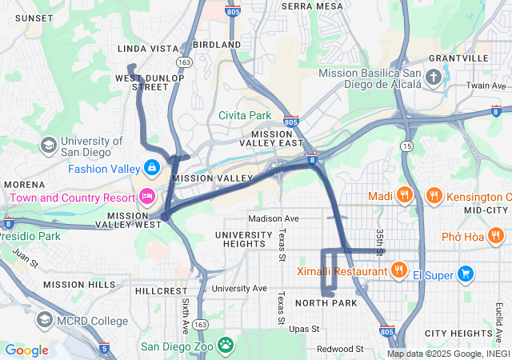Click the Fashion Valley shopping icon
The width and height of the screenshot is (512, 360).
(150, 168)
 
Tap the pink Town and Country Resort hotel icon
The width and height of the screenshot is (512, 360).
(146, 196)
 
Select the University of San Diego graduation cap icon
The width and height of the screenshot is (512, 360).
(48, 145)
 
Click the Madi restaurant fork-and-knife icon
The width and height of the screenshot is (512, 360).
(406, 196)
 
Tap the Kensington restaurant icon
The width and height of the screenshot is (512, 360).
(433, 196)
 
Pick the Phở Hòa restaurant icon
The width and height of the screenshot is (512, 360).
(496, 236)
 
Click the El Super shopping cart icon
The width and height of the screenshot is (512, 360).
(465, 274)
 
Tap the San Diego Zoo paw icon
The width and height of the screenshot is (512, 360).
(226, 346)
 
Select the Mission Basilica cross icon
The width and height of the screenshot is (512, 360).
(434, 78)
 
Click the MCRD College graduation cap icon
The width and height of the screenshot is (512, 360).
(45, 321)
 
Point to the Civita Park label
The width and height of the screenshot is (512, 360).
(245, 115)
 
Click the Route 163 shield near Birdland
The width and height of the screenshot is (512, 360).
(185, 61)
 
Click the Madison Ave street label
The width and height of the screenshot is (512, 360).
(273, 218)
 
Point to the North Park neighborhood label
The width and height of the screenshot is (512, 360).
(326, 303)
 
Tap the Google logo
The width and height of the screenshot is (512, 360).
(27, 350)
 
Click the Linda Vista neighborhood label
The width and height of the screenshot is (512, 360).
(148, 49)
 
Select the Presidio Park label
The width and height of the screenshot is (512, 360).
(30, 236)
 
